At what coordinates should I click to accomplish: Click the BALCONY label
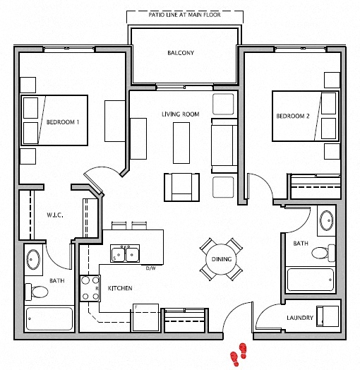tap(181, 53)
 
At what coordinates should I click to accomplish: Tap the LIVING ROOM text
tap(181, 114)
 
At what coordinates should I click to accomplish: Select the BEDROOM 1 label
tap(63, 122)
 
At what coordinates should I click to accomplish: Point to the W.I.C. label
tap(55, 215)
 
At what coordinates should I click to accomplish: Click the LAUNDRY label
tap(300, 318)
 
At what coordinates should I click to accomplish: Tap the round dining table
tap(221, 259)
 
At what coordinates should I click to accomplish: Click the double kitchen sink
tap(125, 253)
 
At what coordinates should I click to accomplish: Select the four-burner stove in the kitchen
tap(90, 288)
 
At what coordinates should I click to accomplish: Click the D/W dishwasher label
tap(151, 268)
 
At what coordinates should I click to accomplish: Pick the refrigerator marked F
tap(145, 318)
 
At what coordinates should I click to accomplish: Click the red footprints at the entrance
tap(239, 354)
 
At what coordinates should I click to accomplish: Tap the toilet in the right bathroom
tap(323, 253)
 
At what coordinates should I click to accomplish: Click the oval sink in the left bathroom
tap(33, 259)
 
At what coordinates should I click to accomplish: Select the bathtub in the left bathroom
tap(49, 318)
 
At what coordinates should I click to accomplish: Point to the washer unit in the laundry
tap(328, 316)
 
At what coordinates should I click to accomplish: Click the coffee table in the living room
tap(181, 143)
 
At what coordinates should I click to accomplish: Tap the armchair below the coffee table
tap(181, 187)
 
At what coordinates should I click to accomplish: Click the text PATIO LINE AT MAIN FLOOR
tap(184, 15)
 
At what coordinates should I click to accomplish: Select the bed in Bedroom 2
tap(306, 116)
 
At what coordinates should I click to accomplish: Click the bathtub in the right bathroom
tap(310, 280)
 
